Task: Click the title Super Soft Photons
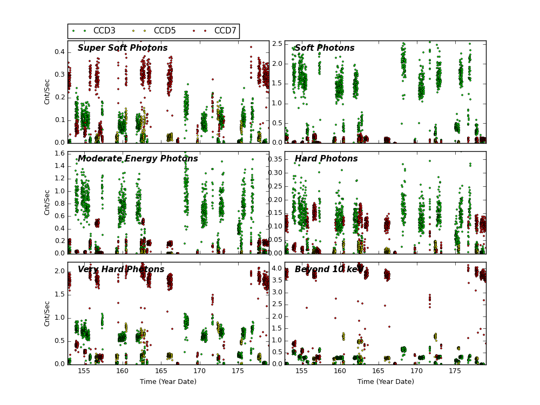tap(123, 48)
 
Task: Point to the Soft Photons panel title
tap(325, 48)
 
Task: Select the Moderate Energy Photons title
tap(138, 159)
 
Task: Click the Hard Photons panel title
tap(326, 159)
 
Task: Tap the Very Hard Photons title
tap(121, 269)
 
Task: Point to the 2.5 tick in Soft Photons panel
tap(276, 44)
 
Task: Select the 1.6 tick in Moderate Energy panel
tap(58, 154)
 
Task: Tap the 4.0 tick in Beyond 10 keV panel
tap(276, 268)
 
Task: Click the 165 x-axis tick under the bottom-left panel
tap(161, 372)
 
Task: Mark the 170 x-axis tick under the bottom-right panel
tap(416, 372)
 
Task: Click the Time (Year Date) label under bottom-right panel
tap(386, 382)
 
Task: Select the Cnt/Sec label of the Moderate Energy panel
tap(48, 202)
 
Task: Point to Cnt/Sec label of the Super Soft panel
tap(48, 92)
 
